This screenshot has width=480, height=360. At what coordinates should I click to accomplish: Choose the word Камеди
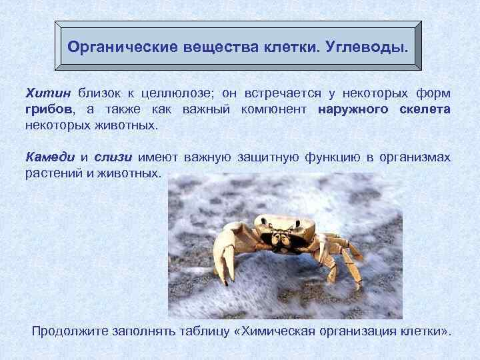click(x=50, y=157)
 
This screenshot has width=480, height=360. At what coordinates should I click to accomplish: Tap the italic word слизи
click(x=113, y=157)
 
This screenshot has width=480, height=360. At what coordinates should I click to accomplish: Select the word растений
click(x=51, y=174)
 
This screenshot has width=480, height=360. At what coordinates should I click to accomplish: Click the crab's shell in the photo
click(x=281, y=223)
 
